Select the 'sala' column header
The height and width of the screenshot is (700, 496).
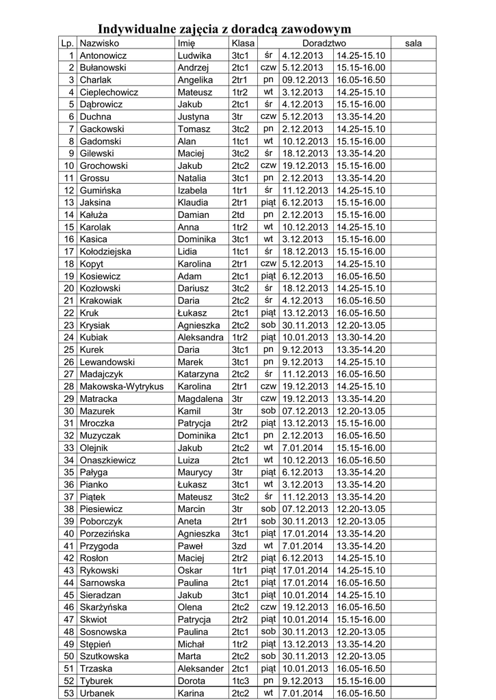pyautogui.click(x=413, y=43)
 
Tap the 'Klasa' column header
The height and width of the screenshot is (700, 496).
pyautogui.click(x=243, y=43)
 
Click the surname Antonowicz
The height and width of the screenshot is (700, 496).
pyautogui.click(x=103, y=55)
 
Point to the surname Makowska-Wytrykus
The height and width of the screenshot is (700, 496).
pyautogui.click(x=121, y=386)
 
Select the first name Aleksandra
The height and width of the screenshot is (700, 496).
pyautogui.click(x=200, y=337)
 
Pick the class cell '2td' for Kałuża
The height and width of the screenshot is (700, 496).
pyautogui.click(x=238, y=215)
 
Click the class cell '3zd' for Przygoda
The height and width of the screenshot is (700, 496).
pyautogui.click(x=239, y=546)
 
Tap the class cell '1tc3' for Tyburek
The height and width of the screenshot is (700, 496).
pyautogui.click(x=241, y=681)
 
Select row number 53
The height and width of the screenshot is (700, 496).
pyautogui.click(x=68, y=693)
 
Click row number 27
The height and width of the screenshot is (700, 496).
pyautogui.click(x=68, y=374)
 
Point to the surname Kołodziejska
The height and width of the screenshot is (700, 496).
pyautogui.click(x=110, y=252)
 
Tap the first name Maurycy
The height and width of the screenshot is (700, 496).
pyautogui.click(x=196, y=472)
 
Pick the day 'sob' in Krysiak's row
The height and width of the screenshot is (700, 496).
pyautogui.click(x=267, y=325)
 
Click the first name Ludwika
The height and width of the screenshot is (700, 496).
pyautogui.click(x=194, y=55)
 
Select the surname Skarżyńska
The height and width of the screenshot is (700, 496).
pyautogui.click(x=108, y=607)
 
